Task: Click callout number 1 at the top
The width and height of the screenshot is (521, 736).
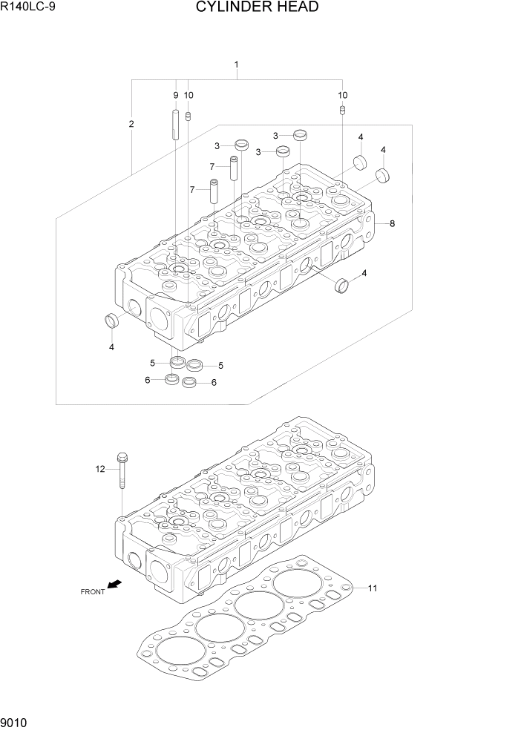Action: (x=236, y=65)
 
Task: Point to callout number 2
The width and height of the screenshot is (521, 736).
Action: (x=131, y=124)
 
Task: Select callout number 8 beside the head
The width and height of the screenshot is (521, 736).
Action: (x=392, y=223)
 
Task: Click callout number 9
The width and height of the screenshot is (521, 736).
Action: (x=176, y=95)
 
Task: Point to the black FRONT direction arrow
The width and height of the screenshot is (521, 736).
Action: (x=114, y=585)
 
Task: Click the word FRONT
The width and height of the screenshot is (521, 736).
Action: (x=93, y=591)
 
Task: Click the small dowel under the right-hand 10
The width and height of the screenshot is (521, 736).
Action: (x=342, y=111)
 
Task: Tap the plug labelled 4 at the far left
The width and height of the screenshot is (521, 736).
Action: (x=111, y=321)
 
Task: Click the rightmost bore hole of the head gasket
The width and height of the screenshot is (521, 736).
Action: (x=295, y=582)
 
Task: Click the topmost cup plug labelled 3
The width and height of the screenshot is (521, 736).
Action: (x=300, y=134)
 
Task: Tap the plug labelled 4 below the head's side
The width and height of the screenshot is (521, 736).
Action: (x=343, y=284)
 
